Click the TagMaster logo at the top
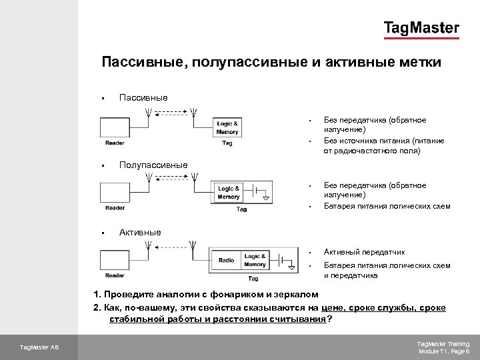[x=421, y=28]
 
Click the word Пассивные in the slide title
[x=141, y=63]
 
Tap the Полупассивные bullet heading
[x=153, y=165]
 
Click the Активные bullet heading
[x=140, y=232]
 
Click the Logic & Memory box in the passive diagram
[x=227, y=127]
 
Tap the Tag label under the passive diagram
[x=227, y=142]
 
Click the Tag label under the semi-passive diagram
[x=241, y=209]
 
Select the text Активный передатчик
[x=364, y=252]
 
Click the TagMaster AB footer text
[x=38, y=347]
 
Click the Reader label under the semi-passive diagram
[x=115, y=208]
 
